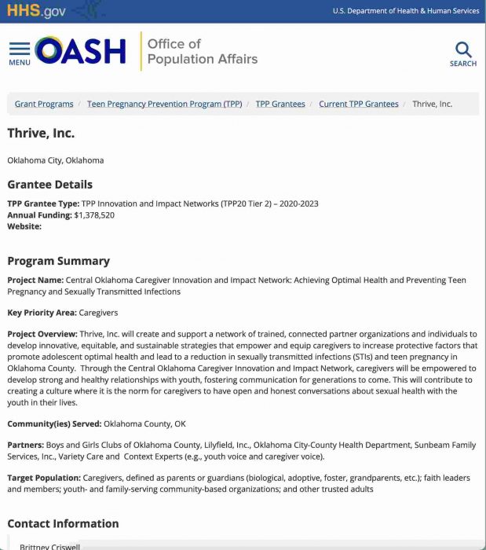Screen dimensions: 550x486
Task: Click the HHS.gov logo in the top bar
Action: [x=36, y=11]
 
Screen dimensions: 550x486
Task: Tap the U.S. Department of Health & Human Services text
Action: [x=405, y=11]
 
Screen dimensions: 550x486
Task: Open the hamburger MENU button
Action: [x=20, y=53]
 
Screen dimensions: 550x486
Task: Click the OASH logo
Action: [x=80, y=52]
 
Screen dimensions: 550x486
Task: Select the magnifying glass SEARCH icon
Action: [x=462, y=53]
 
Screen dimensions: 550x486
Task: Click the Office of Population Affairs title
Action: [x=202, y=52]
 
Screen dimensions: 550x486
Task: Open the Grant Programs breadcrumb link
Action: [x=44, y=104]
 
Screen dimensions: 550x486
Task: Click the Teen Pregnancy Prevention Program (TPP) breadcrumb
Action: [x=164, y=104]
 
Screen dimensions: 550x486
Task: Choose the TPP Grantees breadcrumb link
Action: [x=280, y=104]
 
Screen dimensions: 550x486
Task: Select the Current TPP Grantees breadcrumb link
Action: [x=358, y=104]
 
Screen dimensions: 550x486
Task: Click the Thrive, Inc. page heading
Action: [x=41, y=134]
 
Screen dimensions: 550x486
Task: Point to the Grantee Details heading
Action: [x=49, y=185]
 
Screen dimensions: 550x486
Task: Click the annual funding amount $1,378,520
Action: [x=94, y=215]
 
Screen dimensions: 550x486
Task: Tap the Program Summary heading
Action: [x=58, y=261]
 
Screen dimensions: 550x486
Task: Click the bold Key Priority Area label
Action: [x=42, y=313]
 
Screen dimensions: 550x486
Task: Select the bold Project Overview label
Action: [x=42, y=334]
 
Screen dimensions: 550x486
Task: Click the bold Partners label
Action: [x=25, y=445]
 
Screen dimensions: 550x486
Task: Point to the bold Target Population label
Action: [x=43, y=478]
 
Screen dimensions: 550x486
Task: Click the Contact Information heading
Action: [x=63, y=523]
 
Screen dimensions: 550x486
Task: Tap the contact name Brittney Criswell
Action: [x=49, y=546]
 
